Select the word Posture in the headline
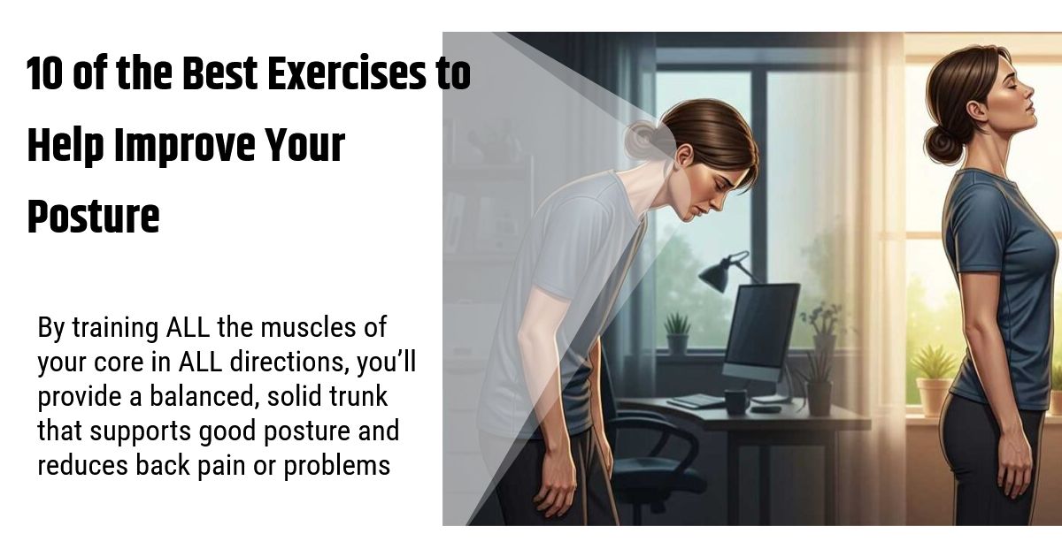[93, 217]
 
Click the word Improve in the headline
[188, 147]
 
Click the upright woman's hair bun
[941, 141]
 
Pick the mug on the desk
[735, 400]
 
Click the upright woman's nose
[1030, 89]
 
